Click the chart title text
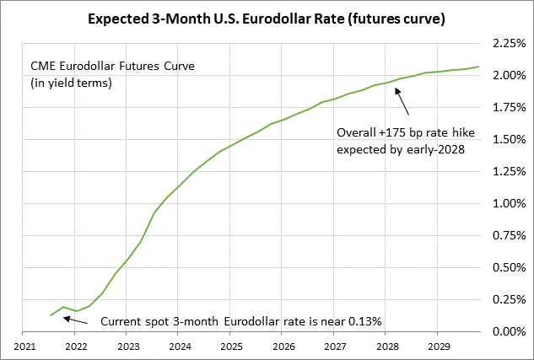point(267,16)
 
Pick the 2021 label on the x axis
point(24,346)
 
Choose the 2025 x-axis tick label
point(231,346)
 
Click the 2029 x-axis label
point(438,346)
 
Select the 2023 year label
point(128,346)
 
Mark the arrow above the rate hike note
point(402,103)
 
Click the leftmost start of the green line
point(51,315)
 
